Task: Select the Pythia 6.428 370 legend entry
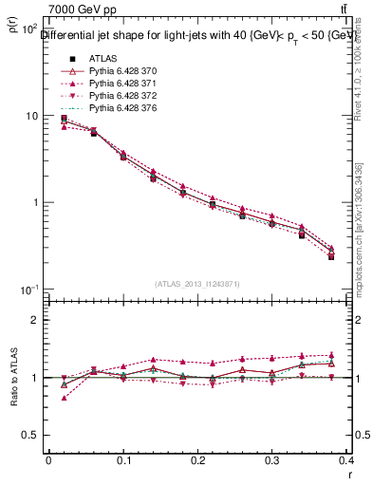111,70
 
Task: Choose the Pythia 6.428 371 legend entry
111,83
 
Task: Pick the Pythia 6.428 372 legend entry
111,95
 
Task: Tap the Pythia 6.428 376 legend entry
111,107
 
